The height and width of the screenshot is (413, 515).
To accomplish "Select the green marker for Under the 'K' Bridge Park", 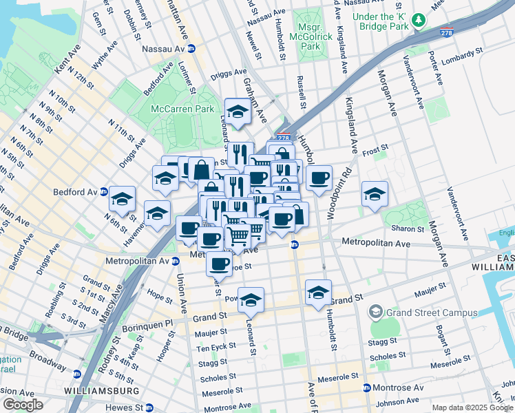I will coord(418,22).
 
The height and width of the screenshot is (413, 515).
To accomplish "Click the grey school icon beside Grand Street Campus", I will coord(375,313).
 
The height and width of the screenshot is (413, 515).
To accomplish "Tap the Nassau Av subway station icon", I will coord(191,49).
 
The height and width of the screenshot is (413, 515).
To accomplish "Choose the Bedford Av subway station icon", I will coord(103,191).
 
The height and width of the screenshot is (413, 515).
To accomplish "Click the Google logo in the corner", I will coord(22,405).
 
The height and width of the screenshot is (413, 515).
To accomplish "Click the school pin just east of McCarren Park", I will coord(238,112).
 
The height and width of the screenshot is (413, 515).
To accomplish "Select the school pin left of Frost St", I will coord(375,194).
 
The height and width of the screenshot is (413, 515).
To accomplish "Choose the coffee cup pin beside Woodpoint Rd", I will coord(319,179).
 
